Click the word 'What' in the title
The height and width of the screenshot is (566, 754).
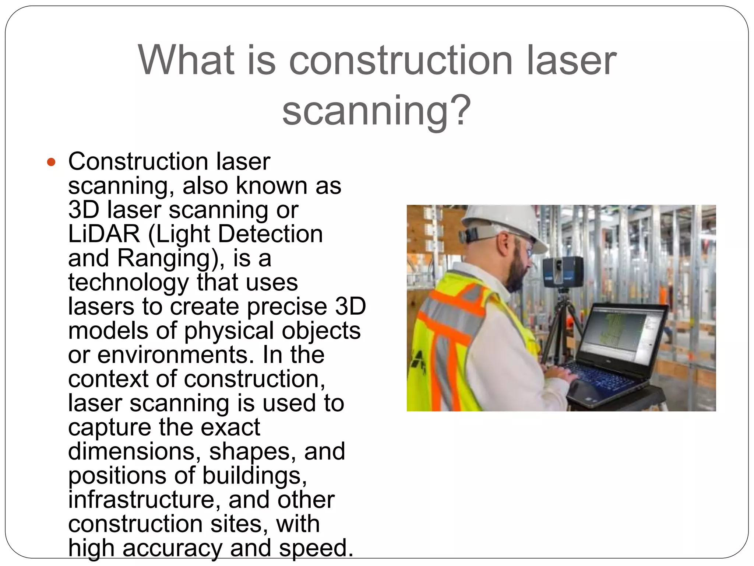tap(186, 60)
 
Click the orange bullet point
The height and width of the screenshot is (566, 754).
tap(51, 162)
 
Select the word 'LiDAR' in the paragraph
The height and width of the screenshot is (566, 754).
tap(104, 234)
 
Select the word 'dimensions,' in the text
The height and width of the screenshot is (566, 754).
tap(134, 451)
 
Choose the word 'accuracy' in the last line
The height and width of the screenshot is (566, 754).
tap(172, 548)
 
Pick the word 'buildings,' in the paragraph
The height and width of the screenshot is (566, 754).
tap(254, 476)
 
